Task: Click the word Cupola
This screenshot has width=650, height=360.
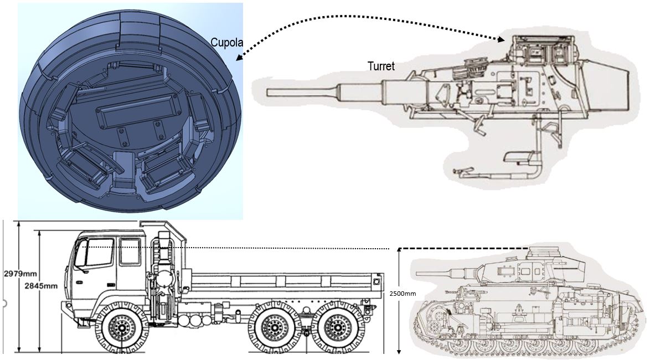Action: pos(224,43)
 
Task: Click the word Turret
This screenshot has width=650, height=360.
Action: pos(381,66)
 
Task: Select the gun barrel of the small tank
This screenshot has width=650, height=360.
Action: pos(440,273)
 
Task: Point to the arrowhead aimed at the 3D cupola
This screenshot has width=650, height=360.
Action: pos(238,57)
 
